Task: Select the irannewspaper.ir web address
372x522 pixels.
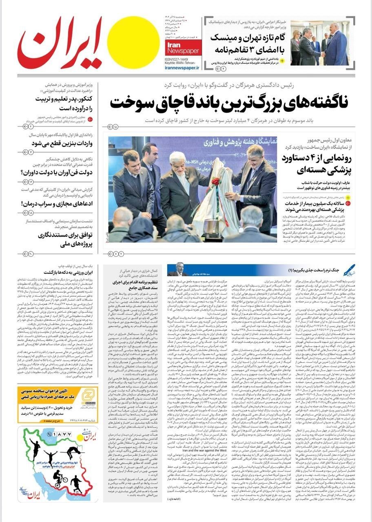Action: pos(182,68)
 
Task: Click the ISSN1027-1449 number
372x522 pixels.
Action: pos(180,58)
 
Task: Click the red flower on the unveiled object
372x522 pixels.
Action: pos(215,182)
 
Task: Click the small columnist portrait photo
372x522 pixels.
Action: pos(178,269)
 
